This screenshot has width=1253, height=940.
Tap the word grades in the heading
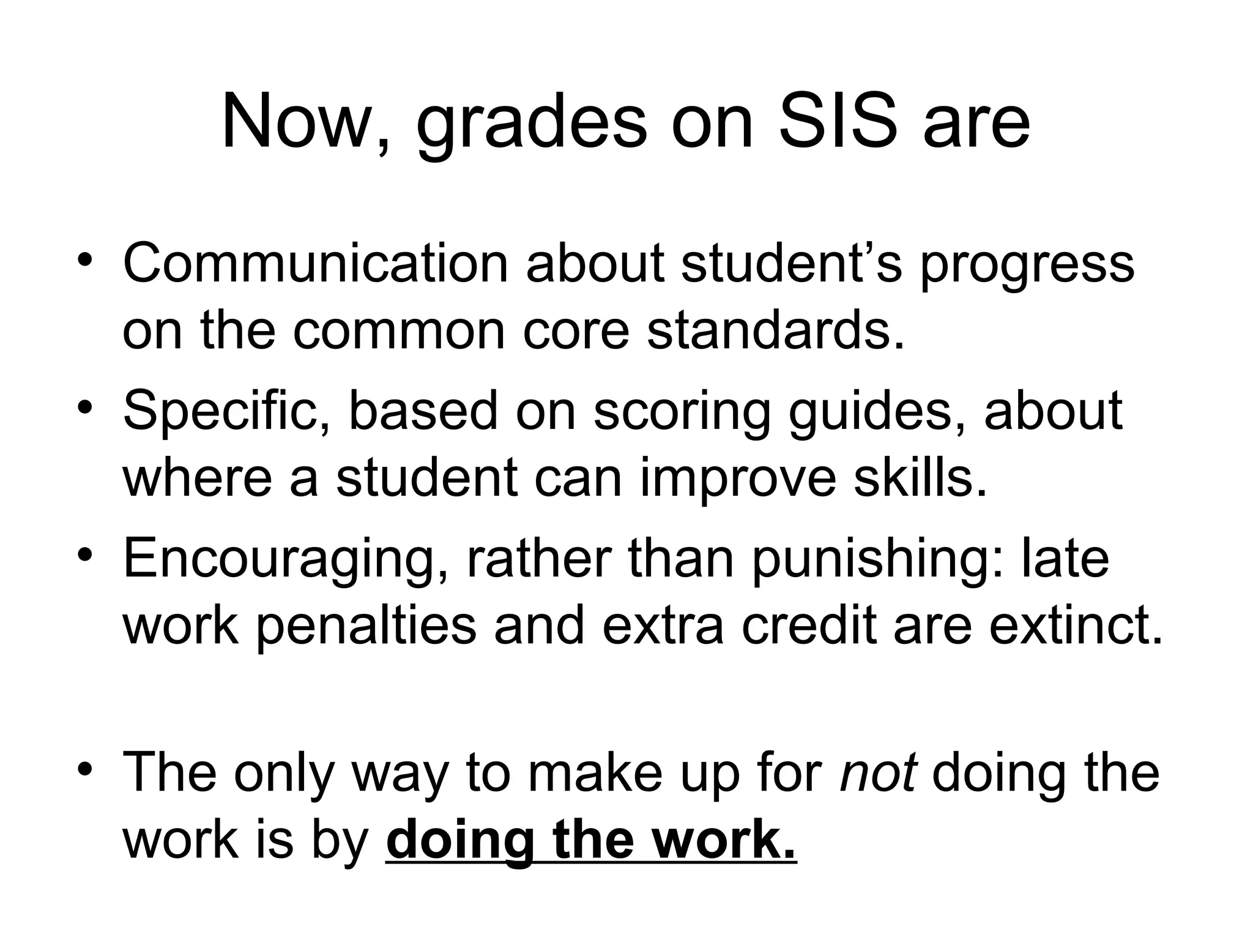531,125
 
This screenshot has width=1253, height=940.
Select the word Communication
315,264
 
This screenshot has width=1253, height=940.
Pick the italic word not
878,772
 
